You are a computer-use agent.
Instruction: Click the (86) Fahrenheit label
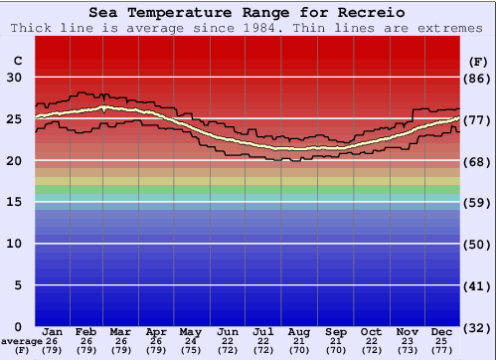pos(478,78)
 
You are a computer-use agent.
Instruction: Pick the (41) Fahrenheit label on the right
pos(478,285)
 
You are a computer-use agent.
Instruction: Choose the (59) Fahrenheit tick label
pos(478,202)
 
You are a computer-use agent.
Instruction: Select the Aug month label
pos(299,331)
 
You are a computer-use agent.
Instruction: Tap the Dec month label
pos(442,331)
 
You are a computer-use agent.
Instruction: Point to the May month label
pos(190,331)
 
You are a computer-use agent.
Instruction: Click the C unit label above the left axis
pos(18,61)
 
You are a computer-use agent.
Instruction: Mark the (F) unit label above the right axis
pos(477,61)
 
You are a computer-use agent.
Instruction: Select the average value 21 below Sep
pos(335,341)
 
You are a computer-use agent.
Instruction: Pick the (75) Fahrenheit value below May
pos(190,350)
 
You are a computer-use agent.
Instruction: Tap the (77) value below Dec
pos(442,350)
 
